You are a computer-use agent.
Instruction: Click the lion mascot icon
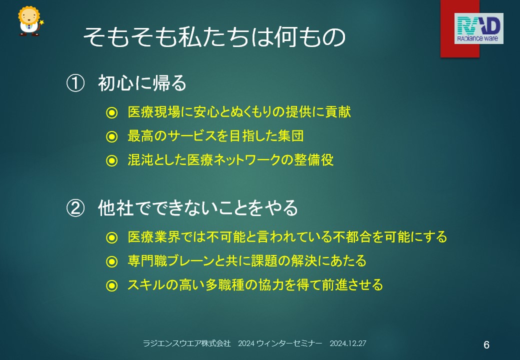[x=30, y=21]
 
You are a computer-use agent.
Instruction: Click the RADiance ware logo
[x=478, y=28]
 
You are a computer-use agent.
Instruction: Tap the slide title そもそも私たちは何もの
[x=214, y=36]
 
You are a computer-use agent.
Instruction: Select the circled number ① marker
[x=75, y=83]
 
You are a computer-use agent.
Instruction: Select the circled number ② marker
[x=75, y=208]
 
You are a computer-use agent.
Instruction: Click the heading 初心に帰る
[x=142, y=83]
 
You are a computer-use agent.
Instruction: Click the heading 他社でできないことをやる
[x=198, y=208]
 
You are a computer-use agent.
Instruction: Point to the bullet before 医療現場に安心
[x=112, y=112]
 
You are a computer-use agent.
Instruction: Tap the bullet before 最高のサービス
[x=112, y=136]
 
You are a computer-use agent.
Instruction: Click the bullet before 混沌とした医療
[x=112, y=161]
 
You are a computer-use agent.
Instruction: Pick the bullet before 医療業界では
[x=112, y=237]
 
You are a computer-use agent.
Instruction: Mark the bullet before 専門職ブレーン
[x=112, y=261]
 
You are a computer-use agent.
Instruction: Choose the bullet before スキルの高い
[x=112, y=285]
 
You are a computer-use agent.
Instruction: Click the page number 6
[x=486, y=345]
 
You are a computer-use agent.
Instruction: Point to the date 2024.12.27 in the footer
[x=348, y=343]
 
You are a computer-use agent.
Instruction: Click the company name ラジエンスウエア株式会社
[x=186, y=343]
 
